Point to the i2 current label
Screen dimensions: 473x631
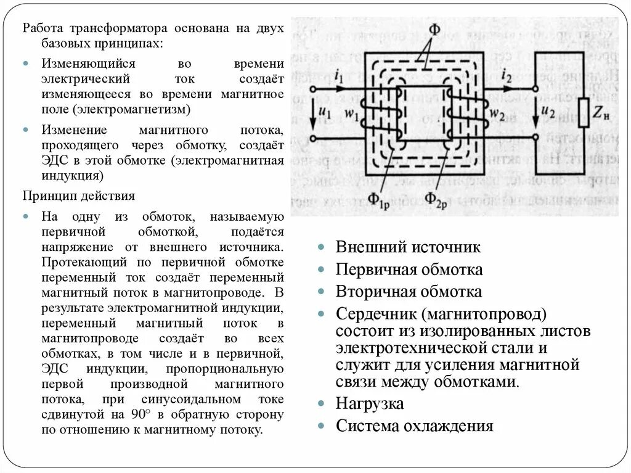507,77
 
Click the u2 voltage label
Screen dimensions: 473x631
547,112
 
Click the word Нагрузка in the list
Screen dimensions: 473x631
370,404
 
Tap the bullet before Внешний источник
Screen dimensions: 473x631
322,248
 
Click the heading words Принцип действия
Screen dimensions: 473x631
79,195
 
